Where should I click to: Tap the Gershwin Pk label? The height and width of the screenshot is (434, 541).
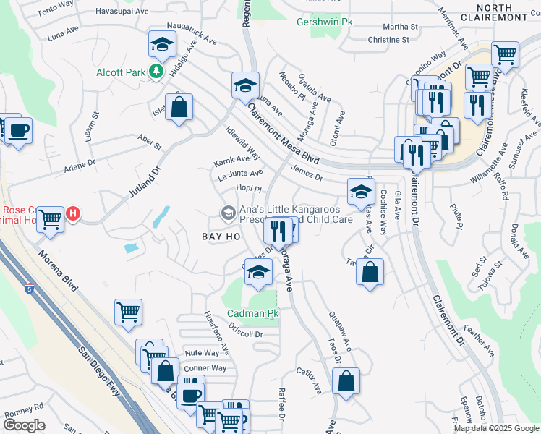pyautogui.click(x=325, y=22)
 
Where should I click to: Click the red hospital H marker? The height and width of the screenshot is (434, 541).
pyautogui.click(x=72, y=214)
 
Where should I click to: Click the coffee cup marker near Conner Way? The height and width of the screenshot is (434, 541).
pyautogui.click(x=191, y=394)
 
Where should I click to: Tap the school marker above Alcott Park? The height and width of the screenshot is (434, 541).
pyautogui.click(x=163, y=45)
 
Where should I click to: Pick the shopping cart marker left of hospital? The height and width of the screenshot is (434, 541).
pyautogui.click(x=49, y=218)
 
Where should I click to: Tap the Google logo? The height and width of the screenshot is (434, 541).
pyautogui.click(x=24, y=425)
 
